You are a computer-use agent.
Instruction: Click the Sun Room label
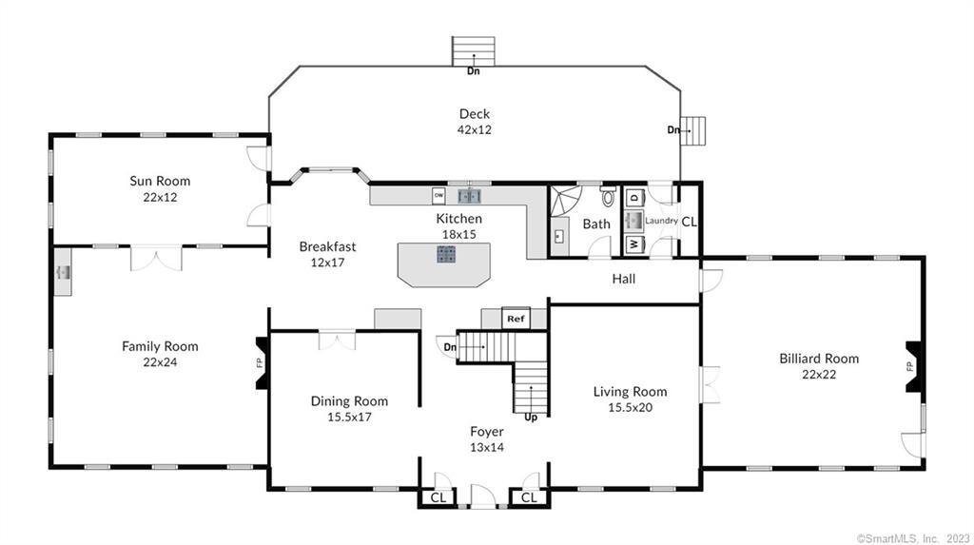[160, 181]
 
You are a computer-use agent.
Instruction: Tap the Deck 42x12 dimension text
[475, 130]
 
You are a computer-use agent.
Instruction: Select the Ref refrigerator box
[516, 319]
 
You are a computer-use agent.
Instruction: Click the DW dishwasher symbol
[439, 196]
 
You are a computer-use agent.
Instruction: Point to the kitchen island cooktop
[446, 254]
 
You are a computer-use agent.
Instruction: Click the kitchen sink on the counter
[470, 196]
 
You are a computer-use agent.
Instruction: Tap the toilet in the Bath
[608, 196]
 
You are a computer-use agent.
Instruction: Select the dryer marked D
[634, 197]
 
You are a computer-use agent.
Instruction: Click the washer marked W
[634, 244]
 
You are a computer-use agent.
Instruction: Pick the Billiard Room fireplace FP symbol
[912, 366]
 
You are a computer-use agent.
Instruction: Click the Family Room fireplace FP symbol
[263, 363]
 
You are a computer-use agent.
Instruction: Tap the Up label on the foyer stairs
[531, 418]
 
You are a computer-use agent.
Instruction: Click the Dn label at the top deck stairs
[474, 70]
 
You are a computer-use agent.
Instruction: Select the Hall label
[624, 279]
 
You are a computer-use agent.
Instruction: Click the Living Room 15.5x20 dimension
[630, 408]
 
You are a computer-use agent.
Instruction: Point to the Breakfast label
[327, 246]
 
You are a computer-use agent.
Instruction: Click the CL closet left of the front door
[438, 497]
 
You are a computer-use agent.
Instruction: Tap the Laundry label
[661, 221]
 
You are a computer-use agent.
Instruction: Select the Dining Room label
[349, 401]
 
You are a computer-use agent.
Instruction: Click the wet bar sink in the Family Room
[63, 272]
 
